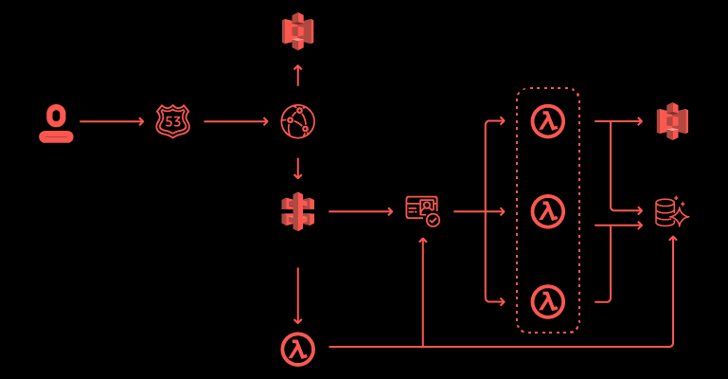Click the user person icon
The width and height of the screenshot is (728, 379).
pos(56,123)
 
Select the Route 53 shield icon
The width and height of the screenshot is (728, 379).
pos(172,121)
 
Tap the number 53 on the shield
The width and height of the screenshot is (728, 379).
pos(172,121)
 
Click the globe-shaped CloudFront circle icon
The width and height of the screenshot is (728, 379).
pos(298,121)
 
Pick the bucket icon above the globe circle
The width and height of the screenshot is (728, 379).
pos(298,31)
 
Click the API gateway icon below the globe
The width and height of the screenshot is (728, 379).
pos(298,211)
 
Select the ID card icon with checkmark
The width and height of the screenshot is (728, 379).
pos(422,209)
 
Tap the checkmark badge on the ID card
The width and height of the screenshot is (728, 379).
pos(433,220)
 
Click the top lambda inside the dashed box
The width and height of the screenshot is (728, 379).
pos(548,121)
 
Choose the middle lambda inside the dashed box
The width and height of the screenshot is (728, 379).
pos(548,211)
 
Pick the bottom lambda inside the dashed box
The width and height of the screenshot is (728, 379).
pos(548,301)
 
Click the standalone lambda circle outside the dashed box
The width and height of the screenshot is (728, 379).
pos(298,348)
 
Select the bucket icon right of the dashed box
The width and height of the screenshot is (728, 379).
pos(672,121)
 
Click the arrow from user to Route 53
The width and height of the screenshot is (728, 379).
pos(112,121)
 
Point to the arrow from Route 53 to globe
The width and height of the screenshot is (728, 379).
pos(236,121)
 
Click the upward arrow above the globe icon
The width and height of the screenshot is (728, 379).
pos(298,75)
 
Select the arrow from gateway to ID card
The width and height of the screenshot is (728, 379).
pos(360,211)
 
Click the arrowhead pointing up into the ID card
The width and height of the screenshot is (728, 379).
pos(422,241)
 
